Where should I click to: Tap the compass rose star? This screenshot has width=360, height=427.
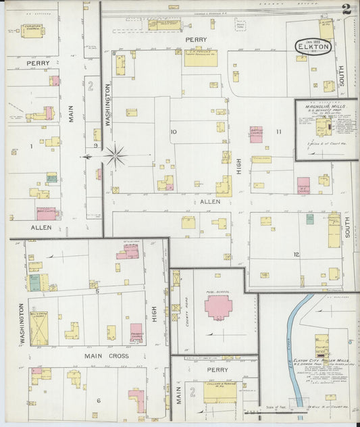click(115, 156)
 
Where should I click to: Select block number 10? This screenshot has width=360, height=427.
click(174, 132)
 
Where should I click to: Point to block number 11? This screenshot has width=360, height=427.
click(278, 132)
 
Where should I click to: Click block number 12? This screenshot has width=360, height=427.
click(296, 254)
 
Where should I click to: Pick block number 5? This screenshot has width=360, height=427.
click(97, 291)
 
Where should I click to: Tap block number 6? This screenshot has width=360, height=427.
click(98, 401)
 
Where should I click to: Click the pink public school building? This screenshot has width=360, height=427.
click(218, 307)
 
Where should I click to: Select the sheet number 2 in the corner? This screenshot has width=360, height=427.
click(346, 9)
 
